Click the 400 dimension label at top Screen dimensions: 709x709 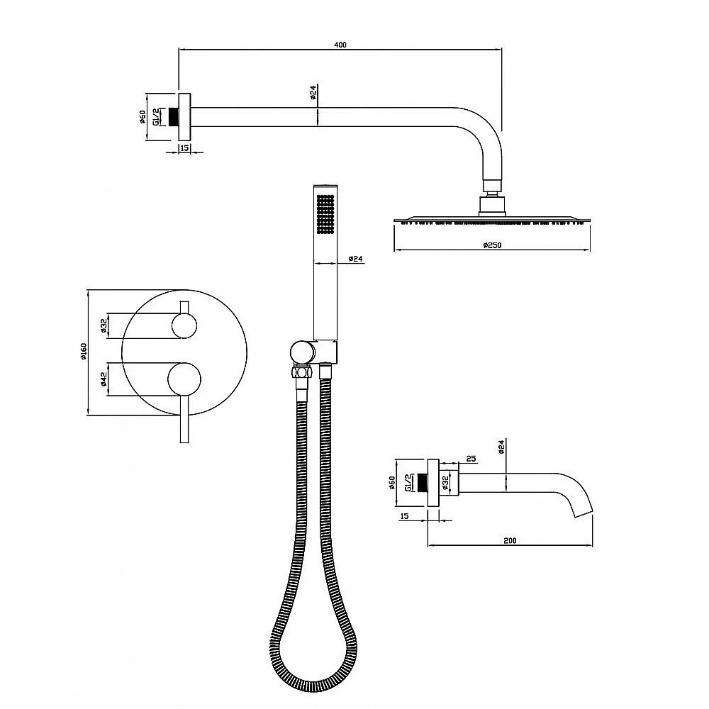click(x=340, y=44)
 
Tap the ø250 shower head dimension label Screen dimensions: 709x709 click(x=492, y=245)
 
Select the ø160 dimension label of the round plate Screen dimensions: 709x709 click(x=83, y=352)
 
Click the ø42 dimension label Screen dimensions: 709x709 click(x=104, y=379)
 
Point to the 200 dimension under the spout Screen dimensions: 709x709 click(x=510, y=540)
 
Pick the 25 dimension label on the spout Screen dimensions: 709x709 click(x=471, y=459)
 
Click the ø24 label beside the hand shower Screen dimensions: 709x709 click(x=356, y=259)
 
